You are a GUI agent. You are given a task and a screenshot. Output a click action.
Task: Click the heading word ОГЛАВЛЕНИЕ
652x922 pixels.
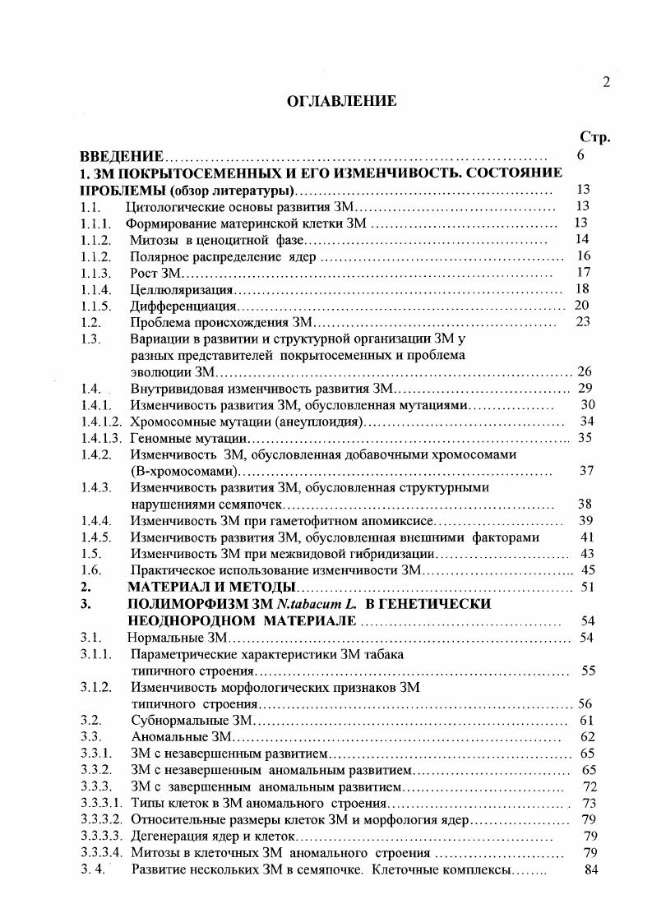329,101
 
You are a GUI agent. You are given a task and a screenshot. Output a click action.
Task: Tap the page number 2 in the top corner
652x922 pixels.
606,81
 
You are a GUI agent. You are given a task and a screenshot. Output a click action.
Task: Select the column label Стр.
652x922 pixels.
594,137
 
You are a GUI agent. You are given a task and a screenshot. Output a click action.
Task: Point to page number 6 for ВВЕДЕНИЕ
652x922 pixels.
581,155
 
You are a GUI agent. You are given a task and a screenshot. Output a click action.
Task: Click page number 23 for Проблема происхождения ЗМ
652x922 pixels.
584,322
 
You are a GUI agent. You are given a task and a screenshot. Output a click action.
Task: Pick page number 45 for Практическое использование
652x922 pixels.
587,570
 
